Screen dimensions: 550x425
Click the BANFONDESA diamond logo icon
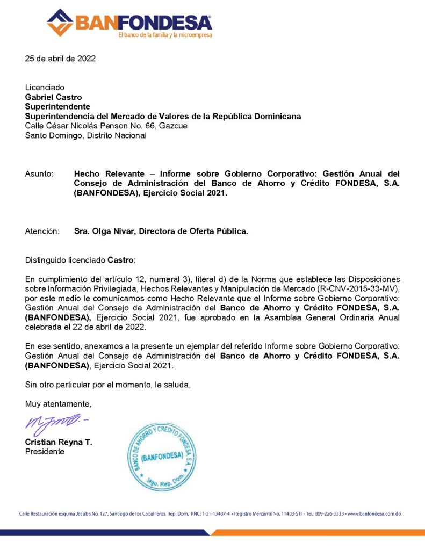(60, 22)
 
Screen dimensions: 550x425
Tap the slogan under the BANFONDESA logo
(165, 35)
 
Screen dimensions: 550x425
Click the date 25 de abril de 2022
(60, 59)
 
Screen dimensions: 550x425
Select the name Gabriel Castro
(54, 97)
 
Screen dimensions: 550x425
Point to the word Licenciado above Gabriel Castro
(45, 88)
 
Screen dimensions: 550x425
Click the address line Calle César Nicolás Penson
(106, 126)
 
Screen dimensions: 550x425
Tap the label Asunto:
(39, 174)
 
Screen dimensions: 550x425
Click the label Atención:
(42, 231)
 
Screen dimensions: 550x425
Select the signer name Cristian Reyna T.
(59, 442)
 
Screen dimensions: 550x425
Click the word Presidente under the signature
(45, 452)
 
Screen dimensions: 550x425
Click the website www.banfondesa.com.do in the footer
(374, 513)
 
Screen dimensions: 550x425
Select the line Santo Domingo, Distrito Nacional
(85, 136)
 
